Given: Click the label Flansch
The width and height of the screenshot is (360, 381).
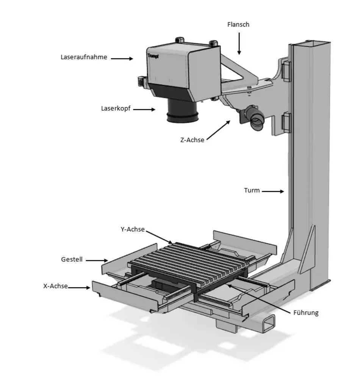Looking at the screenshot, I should click(x=238, y=25).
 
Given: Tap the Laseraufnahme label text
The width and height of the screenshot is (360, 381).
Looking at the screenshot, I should click(x=84, y=57).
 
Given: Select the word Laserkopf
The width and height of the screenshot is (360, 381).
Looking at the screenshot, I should click(x=116, y=108).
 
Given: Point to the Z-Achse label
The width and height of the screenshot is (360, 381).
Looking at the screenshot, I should click(x=192, y=140).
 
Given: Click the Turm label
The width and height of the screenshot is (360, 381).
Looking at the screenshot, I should click(x=252, y=190).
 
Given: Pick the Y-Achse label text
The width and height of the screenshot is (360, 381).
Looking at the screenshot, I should click(x=132, y=229).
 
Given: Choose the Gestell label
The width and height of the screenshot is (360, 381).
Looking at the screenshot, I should click(x=72, y=260).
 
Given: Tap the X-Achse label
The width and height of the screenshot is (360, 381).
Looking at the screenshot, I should click(x=55, y=286).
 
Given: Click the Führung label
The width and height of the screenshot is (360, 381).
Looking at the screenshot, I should click(x=306, y=313).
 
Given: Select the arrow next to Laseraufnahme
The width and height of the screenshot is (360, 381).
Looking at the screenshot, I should click(x=122, y=58).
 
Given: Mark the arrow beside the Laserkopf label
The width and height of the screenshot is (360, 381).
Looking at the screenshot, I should click(x=144, y=110).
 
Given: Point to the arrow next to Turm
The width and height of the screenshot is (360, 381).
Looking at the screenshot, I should click(x=272, y=191).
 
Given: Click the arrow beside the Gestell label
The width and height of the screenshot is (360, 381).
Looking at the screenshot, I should click(x=96, y=260).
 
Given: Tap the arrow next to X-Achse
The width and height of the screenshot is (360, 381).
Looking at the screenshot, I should click(x=79, y=288).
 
